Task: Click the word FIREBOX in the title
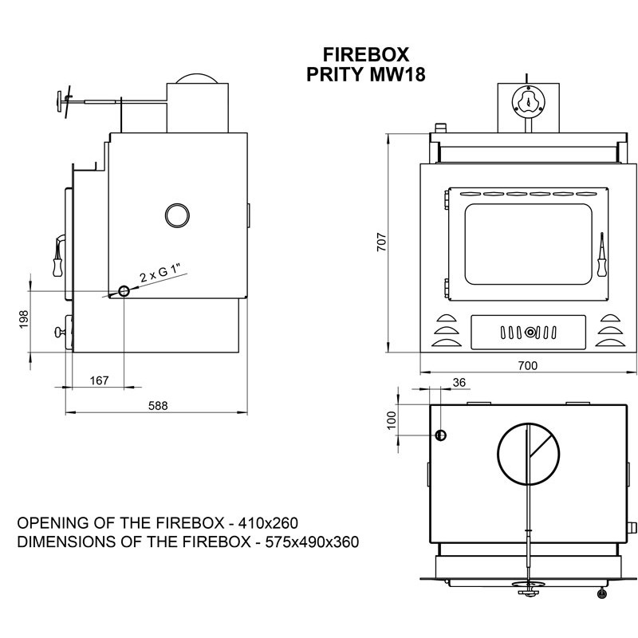[366, 55]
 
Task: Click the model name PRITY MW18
[366, 76]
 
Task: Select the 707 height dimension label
[381, 240]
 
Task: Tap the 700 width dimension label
[528, 365]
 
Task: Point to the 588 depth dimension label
[158, 405]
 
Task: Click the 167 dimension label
[99, 380]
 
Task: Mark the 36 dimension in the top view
[459, 382]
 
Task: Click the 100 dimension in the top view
[391, 420]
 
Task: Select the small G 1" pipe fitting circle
[124, 291]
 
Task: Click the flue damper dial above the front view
[526, 101]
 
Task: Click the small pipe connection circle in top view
[440, 435]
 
